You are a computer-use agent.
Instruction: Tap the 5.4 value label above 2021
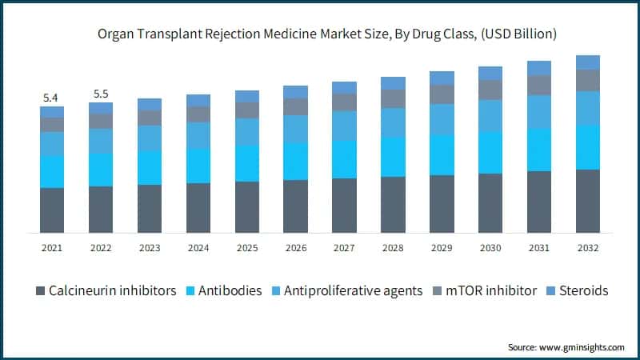50,98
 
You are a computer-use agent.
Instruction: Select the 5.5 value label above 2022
101,94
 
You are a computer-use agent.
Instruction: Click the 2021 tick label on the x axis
52,247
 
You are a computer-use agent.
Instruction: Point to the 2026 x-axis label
295,247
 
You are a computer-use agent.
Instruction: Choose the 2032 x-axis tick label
588,247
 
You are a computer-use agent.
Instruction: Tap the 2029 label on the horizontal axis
442,247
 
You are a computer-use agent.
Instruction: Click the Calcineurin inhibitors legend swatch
39,291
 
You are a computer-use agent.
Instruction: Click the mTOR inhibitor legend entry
493,291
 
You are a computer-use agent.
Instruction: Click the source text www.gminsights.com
566,347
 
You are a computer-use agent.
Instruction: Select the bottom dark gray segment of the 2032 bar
588,201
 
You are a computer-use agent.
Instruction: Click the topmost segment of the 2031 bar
539,68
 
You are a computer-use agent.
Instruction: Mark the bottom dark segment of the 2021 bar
52,210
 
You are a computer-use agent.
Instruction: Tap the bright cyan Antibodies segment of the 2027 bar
344,159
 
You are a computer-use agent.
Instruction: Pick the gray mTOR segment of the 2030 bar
490,90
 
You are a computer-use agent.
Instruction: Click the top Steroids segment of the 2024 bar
198,100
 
